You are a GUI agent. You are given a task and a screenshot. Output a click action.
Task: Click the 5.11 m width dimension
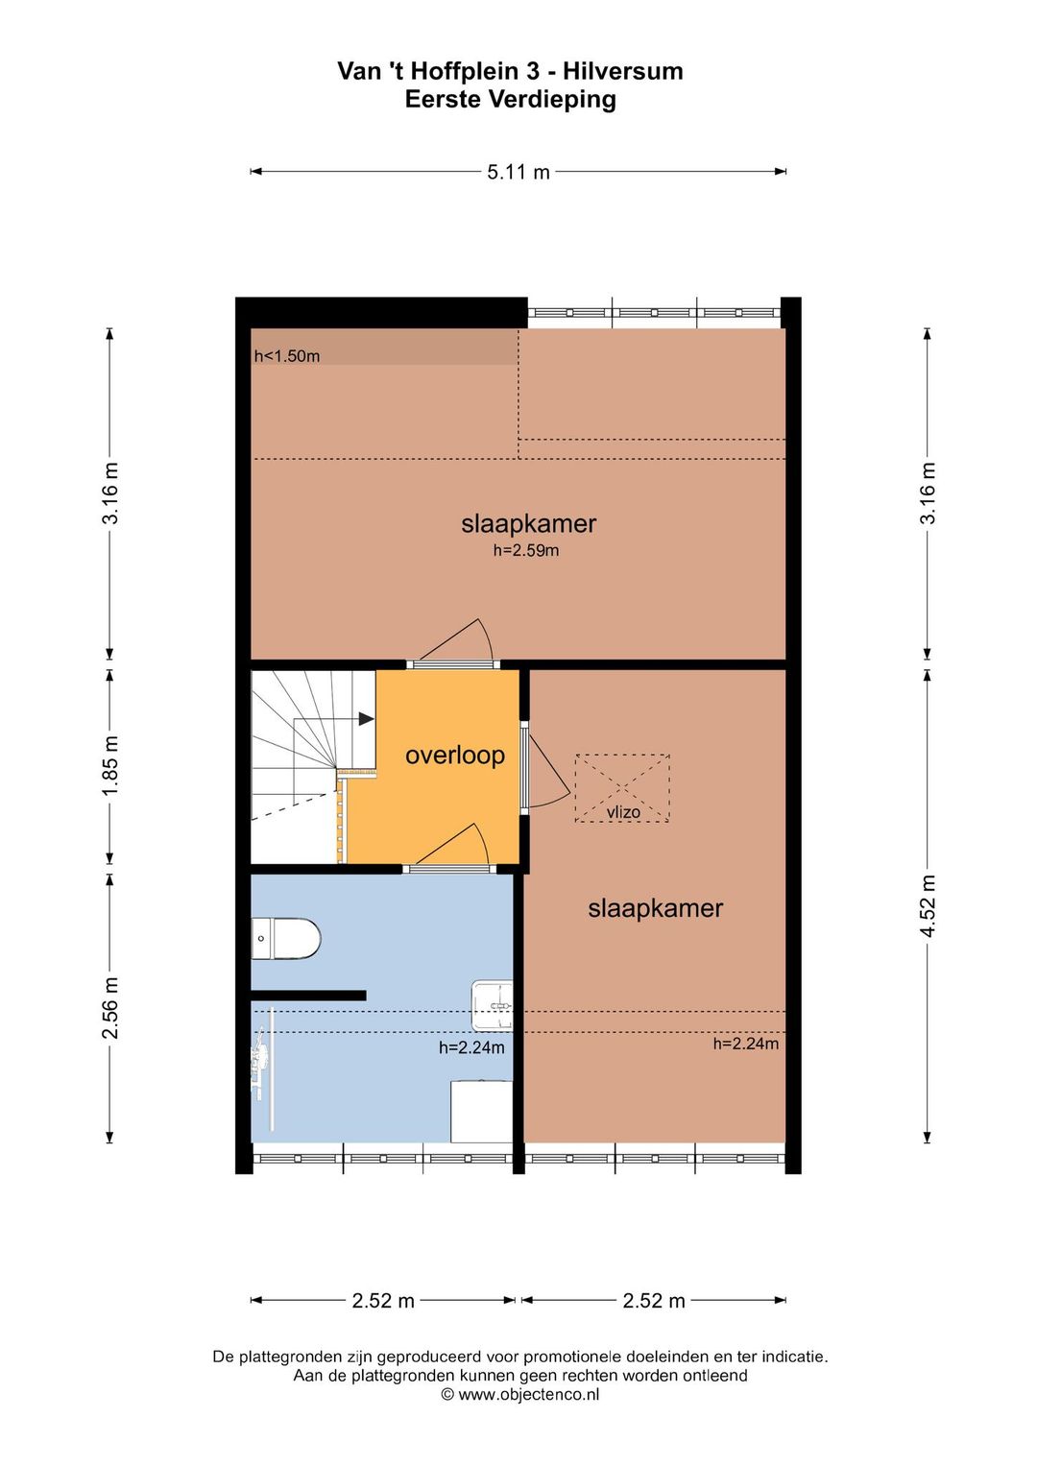coord(518,172)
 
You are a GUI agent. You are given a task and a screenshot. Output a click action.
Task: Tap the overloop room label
coord(455,756)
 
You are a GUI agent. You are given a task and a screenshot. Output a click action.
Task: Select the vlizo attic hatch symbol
coord(622,788)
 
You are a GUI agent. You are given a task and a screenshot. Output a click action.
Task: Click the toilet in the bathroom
coord(286,939)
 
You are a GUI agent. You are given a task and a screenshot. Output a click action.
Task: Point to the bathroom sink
coord(492,1004)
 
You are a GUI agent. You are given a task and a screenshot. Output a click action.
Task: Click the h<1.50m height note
coord(286,356)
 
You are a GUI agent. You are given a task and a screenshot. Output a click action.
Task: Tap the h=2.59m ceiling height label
coord(526,550)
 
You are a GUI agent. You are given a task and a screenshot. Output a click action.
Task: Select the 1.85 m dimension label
coord(109,766)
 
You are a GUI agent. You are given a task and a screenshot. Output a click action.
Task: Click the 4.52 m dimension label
coord(928,906)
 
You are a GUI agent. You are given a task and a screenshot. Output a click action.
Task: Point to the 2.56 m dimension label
coord(109,1008)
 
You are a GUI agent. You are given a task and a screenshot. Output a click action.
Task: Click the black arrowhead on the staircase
coord(366,719)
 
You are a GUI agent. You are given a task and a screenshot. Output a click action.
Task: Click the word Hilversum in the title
coord(625,71)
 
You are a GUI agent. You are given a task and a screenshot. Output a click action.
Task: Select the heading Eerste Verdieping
coord(510,100)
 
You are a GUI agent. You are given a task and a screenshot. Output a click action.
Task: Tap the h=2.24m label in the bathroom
coord(471,1047)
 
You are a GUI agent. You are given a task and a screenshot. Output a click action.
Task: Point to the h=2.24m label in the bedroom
coord(746,1044)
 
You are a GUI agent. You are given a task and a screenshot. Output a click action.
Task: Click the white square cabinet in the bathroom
coord(482,1111)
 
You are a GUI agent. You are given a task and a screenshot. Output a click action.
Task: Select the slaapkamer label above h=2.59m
coord(529,524)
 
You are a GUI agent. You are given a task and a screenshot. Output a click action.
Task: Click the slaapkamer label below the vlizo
coord(655,908)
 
